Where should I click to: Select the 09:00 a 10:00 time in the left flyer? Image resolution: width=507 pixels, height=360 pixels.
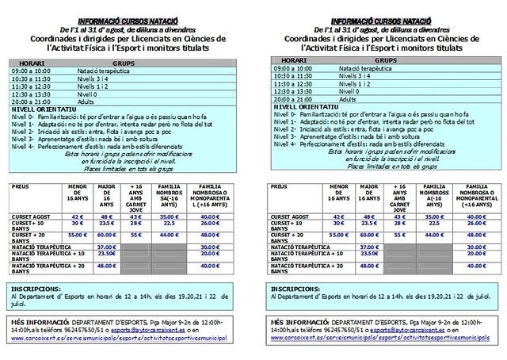tap(29, 70)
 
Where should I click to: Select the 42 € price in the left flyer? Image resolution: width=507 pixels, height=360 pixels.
tap(77, 215)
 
